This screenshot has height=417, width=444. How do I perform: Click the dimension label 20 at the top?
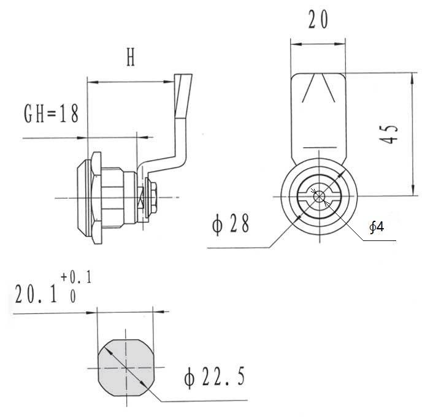(318, 19)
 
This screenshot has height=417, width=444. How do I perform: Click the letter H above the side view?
(131, 57)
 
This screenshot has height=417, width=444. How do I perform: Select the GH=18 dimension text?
(52, 113)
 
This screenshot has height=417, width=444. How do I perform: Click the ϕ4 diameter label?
(377, 226)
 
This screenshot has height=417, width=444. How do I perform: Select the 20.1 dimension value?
(36, 294)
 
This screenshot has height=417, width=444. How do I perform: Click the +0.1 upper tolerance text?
(76, 277)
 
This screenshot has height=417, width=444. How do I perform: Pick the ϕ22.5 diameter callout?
(215, 377)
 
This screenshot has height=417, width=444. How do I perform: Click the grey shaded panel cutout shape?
(126, 368)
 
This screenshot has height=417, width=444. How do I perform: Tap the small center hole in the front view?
(320, 196)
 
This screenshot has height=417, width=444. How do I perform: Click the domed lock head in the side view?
(84, 197)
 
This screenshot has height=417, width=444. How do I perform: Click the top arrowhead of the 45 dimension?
(413, 78)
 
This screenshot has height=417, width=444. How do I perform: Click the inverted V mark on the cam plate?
(318, 88)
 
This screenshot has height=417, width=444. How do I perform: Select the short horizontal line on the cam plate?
(320, 148)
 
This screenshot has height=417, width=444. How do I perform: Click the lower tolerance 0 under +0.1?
(73, 297)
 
